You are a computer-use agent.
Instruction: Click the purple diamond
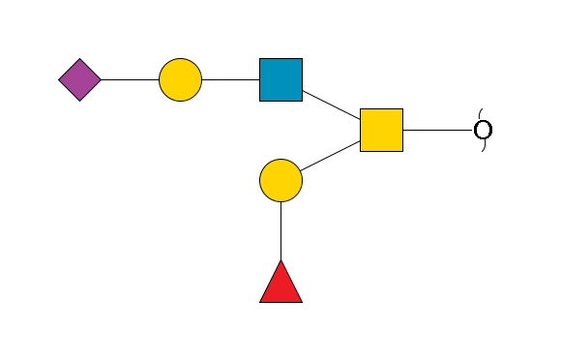[79, 79]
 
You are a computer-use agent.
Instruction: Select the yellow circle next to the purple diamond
[180, 79]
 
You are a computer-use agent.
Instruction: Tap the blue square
[280, 79]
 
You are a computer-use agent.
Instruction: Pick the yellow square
[381, 130]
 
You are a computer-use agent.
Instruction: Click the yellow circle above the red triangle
[280, 180]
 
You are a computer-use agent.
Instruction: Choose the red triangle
[280, 283]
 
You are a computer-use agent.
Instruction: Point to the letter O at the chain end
[483, 130]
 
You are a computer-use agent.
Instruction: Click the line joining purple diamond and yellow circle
[130, 79]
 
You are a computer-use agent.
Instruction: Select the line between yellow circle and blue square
[230, 79]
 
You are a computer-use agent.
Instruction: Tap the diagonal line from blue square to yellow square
[331, 105]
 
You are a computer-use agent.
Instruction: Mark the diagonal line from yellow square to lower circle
[331, 155]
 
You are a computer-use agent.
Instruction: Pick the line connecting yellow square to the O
[437, 130]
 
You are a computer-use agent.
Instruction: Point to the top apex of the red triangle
[280, 260]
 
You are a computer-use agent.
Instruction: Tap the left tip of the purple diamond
[59, 79]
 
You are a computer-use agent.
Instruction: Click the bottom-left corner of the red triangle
[260, 302]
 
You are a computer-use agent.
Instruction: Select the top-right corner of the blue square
[302, 59]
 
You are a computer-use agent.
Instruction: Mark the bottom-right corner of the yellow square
[402, 151]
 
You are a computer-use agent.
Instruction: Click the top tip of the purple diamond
[79, 59]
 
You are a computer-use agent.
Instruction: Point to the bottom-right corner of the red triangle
[302, 302]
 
